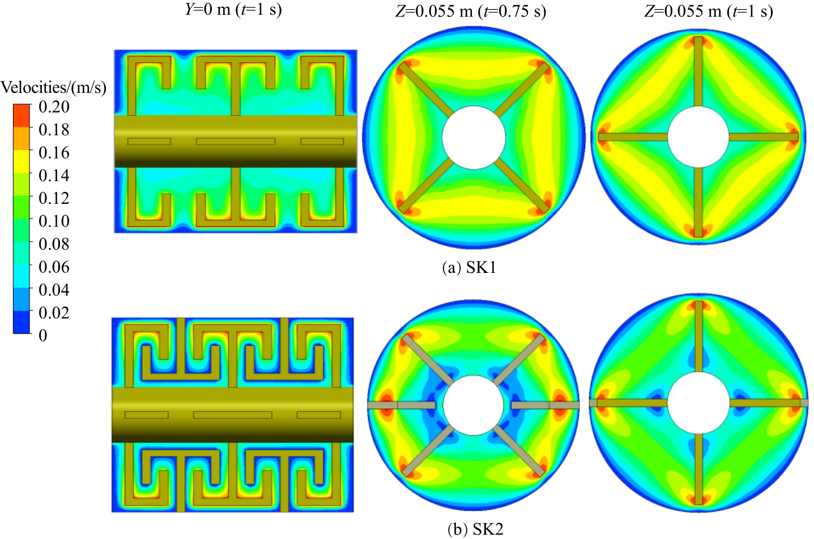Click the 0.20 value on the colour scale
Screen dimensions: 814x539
(54, 107)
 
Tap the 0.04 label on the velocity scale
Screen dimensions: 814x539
(54, 290)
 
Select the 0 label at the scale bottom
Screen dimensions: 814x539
(43, 335)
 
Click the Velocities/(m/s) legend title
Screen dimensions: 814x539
(53, 88)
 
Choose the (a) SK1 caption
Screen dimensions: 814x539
(470, 268)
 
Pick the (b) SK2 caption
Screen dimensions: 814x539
(475, 530)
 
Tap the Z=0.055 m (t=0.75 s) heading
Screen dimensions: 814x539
(471, 12)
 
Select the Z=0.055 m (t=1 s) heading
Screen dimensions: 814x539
(709, 12)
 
